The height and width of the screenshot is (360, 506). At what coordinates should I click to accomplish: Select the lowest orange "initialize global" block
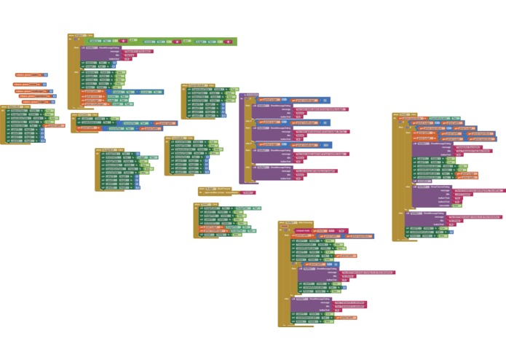[x=33, y=101]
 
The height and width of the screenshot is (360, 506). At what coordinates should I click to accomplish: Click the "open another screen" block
[x=220, y=193]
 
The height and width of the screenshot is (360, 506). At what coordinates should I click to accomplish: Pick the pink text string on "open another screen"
[x=248, y=193]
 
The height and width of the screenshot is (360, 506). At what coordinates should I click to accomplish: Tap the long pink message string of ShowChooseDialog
[x=477, y=191]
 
